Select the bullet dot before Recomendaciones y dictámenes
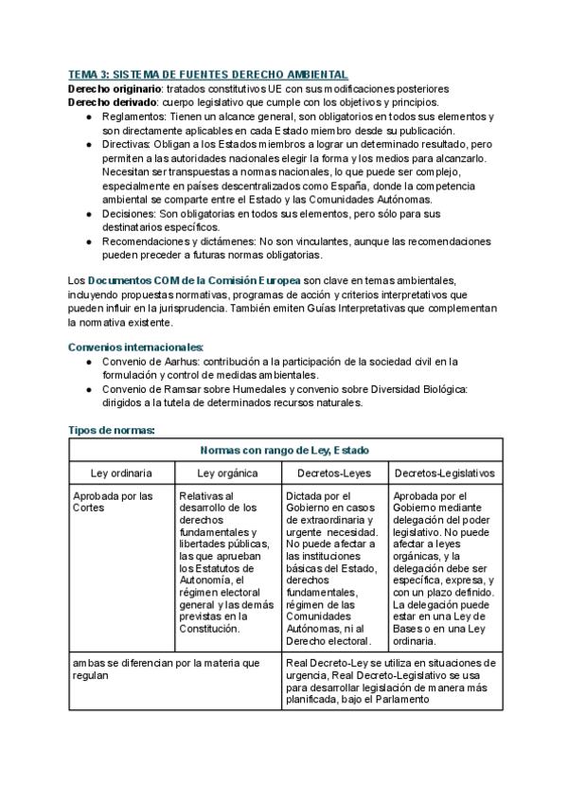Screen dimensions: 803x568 (x=88, y=241)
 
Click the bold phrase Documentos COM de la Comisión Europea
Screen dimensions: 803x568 (x=194, y=281)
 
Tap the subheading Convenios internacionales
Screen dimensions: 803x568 (x=136, y=348)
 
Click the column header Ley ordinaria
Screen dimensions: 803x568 (x=121, y=473)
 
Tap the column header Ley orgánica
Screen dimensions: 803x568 (x=227, y=473)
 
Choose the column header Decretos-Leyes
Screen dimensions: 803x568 (x=334, y=473)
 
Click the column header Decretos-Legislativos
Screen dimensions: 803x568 (x=443, y=473)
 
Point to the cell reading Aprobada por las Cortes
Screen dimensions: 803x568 (x=112, y=502)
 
